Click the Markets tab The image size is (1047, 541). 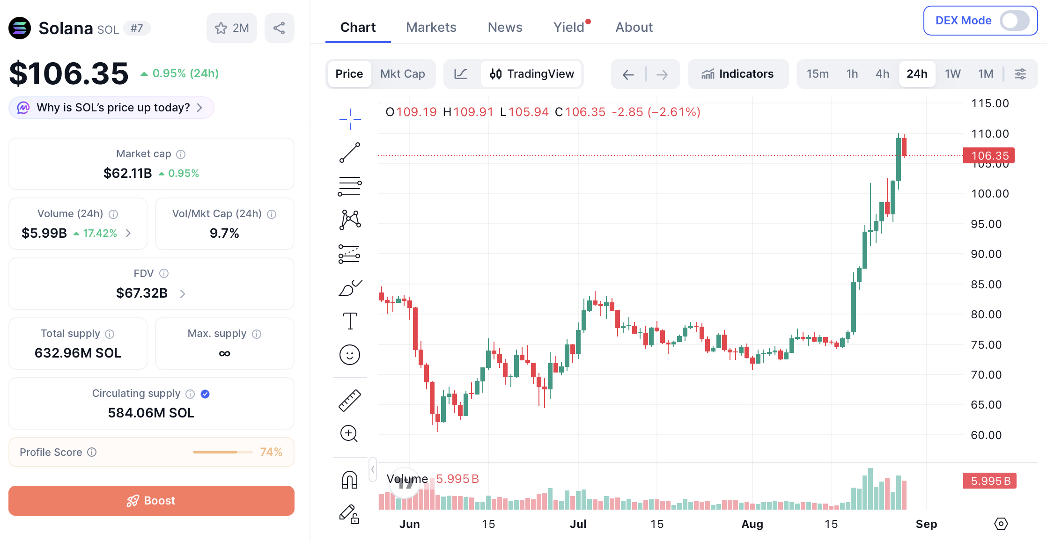click(x=431, y=27)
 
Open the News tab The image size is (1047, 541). click(x=505, y=27)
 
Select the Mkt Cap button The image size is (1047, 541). click(x=403, y=74)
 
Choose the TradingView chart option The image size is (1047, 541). click(x=532, y=74)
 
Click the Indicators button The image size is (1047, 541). click(x=737, y=74)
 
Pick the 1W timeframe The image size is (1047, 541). click(x=952, y=74)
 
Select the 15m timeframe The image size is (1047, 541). click(x=818, y=74)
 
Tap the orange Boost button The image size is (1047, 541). click(x=151, y=500)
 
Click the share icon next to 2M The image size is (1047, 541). click(x=279, y=28)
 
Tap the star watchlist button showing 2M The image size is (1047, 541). click(x=231, y=28)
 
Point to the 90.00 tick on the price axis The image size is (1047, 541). click(x=986, y=254)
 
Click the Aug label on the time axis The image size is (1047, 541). click(x=752, y=524)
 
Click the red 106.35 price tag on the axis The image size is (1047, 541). click(x=989, y=155)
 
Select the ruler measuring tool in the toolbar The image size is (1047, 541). click(x=350, y=401)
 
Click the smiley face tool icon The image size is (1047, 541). click(x=350, y=355)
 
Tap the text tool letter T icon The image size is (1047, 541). click(x=350, y=321)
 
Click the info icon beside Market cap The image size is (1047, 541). click(x=181, y=154)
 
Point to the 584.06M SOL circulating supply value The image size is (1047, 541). click(x=151, y=413)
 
